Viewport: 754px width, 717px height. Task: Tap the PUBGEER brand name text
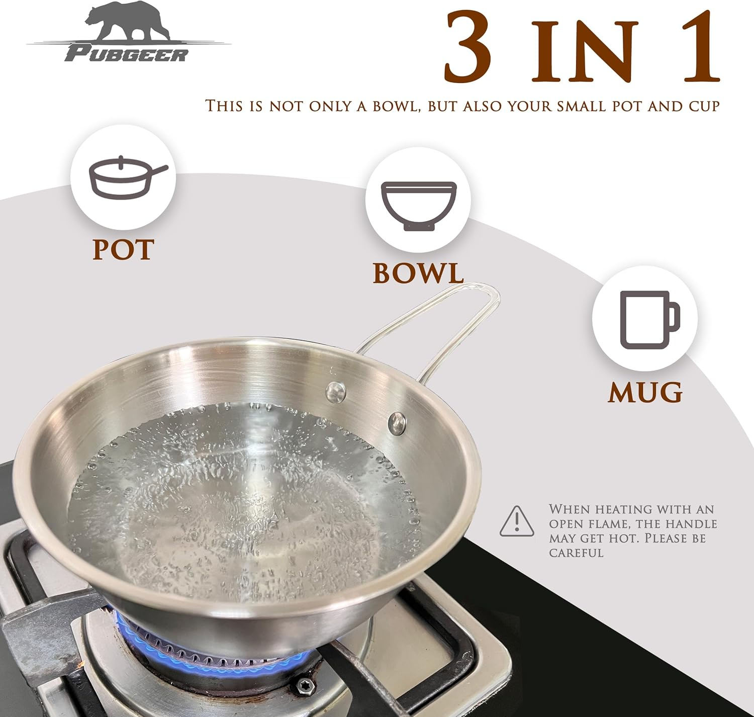click(x=126, y=54)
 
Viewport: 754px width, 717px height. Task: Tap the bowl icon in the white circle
click(x=418, y=206)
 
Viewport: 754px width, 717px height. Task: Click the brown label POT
click(x=123, y=249)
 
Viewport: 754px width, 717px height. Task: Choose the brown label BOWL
click(x=418, y=273)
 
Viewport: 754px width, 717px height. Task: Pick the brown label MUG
click(x=645, y=392)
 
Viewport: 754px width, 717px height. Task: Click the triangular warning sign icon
click(x=516, y=521)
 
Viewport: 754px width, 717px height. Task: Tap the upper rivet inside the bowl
click(x=334, y=392)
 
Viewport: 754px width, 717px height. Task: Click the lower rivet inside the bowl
click(x=398, y=423)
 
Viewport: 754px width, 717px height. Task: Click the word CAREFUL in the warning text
click(x=576, y=553)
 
